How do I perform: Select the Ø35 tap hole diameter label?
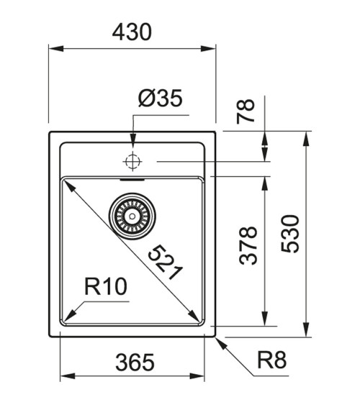pos(160,99)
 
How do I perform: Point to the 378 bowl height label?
pos(248,246)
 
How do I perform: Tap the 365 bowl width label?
pos(135,363)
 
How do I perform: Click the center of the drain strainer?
pos(132,214)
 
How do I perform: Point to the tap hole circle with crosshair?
pos(132,161)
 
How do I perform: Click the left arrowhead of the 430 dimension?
pos(54,49)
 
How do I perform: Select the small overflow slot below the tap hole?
pos(132,173)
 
